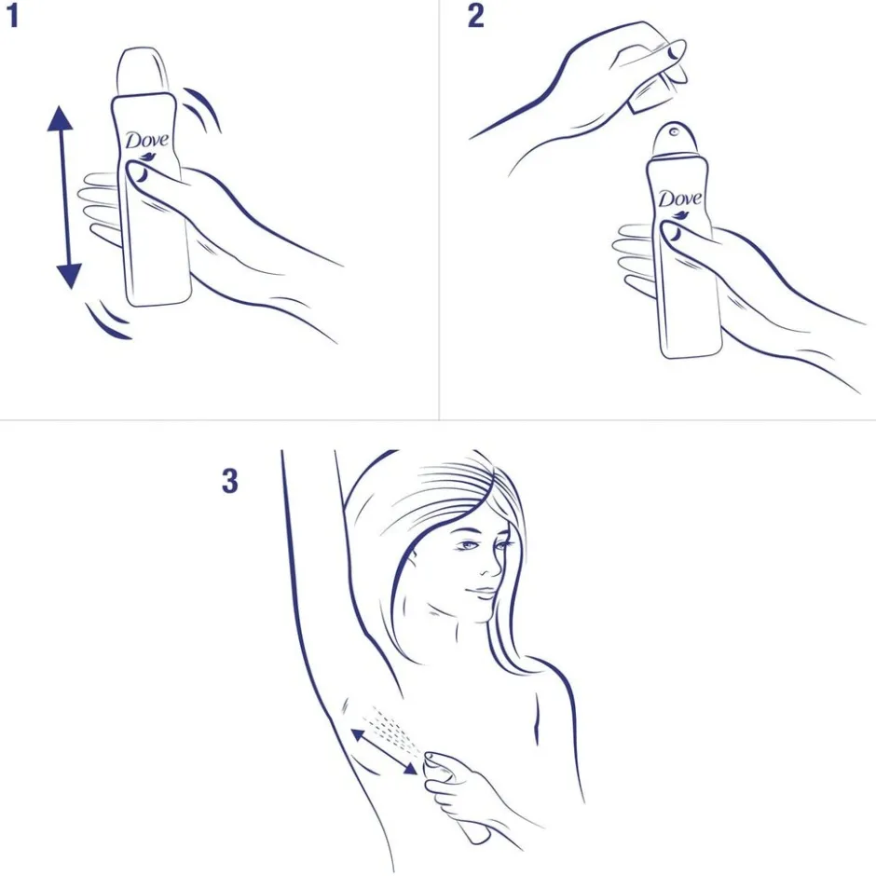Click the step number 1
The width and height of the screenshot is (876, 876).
click(12, 16)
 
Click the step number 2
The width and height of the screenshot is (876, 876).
click(475, 16)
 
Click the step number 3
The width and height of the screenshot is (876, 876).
click(229, 481)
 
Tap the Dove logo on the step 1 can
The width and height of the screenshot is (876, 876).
click(146, 140)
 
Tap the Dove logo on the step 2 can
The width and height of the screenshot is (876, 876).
click(679, 199)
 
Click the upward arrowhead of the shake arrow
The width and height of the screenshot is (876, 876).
click(60, 117)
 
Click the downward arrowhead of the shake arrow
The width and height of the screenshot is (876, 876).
click(69, 277)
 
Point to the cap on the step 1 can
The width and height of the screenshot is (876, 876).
click(143, 72)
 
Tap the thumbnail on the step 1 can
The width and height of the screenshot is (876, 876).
click(140, 173)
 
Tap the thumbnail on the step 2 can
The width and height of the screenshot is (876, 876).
click(673, 232)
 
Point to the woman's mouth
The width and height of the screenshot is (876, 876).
click(482, 592)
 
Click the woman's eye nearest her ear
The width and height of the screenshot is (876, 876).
click(467, 545)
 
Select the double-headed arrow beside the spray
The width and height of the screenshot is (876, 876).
click(384, 751)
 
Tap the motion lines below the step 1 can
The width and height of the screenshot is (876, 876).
click(109, 322)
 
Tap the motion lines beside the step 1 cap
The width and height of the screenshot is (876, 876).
click(202, 109)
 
